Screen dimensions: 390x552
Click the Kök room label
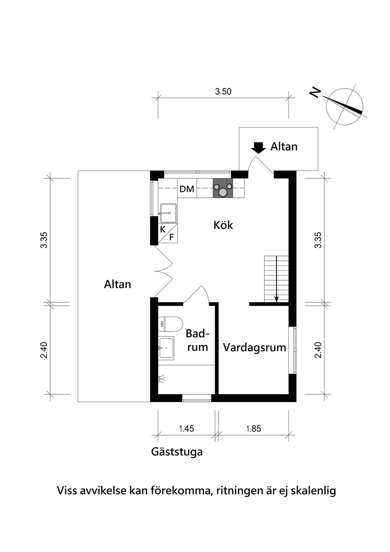(223, 225)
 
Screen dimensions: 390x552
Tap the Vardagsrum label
(255, 348)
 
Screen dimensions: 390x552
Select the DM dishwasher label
(187, 189)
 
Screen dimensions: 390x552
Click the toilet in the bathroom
(170, 324)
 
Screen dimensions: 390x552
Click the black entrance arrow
(258, 148)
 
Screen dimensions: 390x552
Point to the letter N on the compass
(315, 93)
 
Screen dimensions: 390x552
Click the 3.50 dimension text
(223, 92)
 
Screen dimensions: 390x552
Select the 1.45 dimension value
(186, 428)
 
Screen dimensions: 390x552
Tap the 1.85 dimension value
(254, 428)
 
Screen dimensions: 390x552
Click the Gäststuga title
(177, 452)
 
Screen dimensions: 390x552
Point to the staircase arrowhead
(276, 299)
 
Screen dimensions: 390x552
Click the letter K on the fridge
(163, 229)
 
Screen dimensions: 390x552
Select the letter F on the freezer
(171, 237)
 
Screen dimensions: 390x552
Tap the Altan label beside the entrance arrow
(284, 147)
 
